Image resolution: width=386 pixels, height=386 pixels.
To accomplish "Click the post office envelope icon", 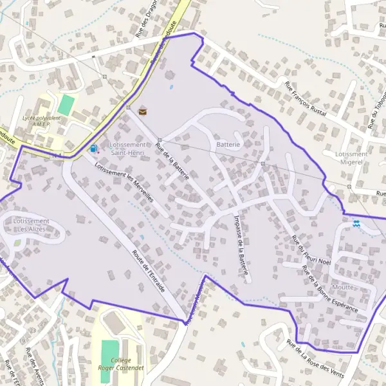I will tap(143, 111).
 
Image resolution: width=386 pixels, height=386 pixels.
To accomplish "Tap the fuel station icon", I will tap(94, 149).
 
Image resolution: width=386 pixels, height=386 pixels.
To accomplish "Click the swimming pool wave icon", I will tap(357, 223).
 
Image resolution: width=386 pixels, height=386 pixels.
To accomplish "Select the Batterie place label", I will tap(228, 145).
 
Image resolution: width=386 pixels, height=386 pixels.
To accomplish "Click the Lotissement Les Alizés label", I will tap(31, 225).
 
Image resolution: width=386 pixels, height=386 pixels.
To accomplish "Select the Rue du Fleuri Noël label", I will tap(311, 251).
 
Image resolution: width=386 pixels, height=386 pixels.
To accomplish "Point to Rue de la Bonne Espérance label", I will tap(329, 293).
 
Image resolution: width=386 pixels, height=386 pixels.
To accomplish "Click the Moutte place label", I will tap(343, 287).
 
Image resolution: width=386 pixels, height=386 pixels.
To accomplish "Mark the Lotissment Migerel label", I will tap(351, 159).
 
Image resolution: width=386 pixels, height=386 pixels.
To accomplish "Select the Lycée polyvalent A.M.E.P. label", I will tap(41, 122).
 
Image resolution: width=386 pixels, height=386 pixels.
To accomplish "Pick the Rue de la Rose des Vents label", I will tap(317, 358).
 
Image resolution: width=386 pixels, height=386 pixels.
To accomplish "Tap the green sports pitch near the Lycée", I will tap(66, 104).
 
